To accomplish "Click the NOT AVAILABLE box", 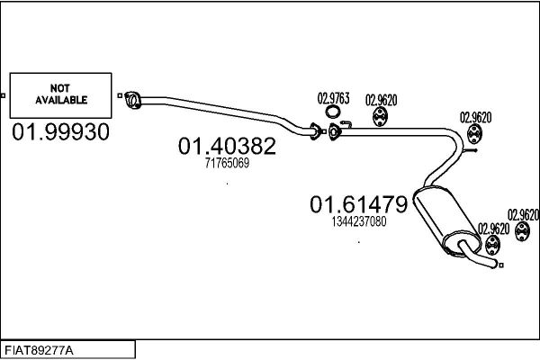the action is [60, 95].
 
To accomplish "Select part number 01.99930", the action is [60, 132].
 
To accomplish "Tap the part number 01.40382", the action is [227, 146].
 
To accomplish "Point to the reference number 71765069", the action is [227, 163].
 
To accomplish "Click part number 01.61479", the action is [358, 204].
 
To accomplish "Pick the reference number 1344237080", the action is [359, 221].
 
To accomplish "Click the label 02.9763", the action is [333, 98].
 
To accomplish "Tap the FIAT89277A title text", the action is [39, 351].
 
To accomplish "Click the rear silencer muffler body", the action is [445, 220].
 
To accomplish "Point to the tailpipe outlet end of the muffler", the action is [494, 265].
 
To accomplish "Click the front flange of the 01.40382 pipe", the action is [132, 100].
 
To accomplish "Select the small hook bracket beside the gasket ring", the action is [346, 123].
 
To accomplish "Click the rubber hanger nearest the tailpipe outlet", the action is [492, 245].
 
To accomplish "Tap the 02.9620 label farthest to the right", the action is [523, 215].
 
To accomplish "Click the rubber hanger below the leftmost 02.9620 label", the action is [380, 117].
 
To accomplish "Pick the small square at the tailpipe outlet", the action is [501, 265].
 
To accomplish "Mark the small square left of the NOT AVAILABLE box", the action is [3, 95].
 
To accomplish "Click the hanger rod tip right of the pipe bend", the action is [475, 150].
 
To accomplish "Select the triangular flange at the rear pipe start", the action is [334, 132].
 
